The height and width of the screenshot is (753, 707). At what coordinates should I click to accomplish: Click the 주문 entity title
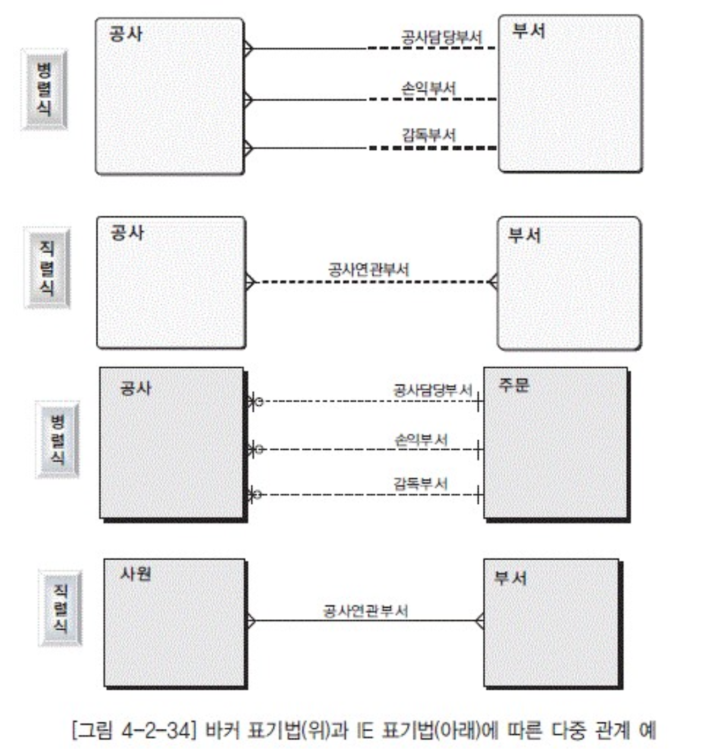point(514,385)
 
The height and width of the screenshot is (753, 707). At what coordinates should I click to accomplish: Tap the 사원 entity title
point(136,574)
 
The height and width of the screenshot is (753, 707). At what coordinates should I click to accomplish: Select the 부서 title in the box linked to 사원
point(511,578)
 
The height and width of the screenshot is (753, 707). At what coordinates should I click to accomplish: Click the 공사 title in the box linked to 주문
point(136,388)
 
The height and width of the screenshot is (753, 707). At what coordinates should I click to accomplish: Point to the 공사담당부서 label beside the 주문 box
point(433,390)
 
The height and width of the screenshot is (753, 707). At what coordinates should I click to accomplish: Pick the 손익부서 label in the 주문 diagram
point(421,440)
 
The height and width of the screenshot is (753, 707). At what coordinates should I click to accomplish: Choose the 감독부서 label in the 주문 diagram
point(421,484)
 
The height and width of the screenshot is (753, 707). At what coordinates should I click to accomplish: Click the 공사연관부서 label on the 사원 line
point(366,611)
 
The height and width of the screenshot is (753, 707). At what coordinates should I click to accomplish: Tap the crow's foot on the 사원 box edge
point(251,621)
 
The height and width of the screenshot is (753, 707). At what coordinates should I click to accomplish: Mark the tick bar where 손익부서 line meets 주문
point(478,450)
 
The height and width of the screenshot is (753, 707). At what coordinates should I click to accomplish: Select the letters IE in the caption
point(364,731)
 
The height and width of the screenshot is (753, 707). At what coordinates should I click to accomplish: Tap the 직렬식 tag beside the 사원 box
point(60,608)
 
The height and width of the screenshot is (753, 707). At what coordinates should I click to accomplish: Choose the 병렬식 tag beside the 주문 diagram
point(58,440)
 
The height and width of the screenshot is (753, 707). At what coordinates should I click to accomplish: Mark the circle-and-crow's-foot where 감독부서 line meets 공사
point(255,494)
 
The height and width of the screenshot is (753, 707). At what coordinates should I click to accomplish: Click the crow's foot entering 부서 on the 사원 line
point(479,621)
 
